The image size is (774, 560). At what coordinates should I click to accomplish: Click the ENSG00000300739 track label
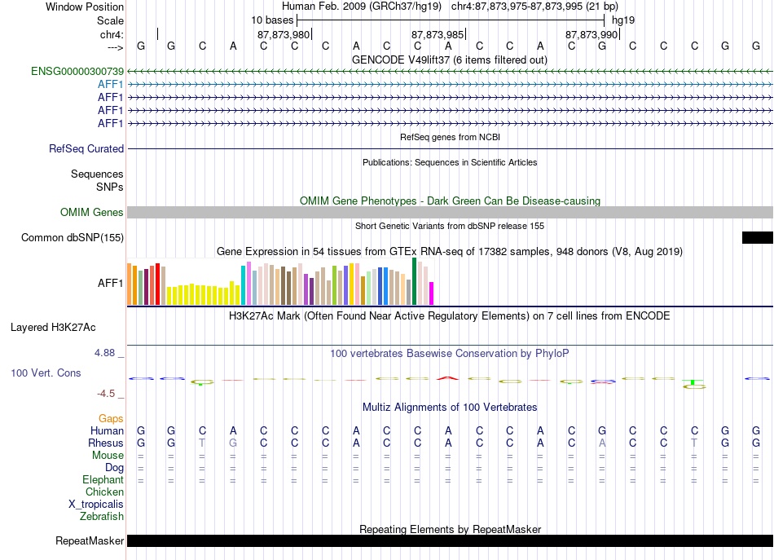click(77, 72)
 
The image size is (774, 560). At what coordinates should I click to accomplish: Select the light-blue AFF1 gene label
click(111, 85)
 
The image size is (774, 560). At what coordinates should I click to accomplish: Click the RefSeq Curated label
click(86, 148)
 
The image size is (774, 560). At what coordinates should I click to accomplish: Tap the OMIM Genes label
click(92, 213)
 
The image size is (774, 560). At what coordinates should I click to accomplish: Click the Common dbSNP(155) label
click(73, 237)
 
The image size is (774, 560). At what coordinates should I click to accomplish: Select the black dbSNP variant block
click(757, 237)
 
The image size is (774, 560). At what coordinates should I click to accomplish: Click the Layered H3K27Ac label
click(53, 328)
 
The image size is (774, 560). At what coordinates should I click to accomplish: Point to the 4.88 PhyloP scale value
click(104, 353)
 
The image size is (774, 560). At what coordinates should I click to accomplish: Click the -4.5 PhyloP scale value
click(106, 394)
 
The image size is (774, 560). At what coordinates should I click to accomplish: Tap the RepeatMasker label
click(90, 540)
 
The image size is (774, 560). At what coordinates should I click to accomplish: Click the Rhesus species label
click(106, 443)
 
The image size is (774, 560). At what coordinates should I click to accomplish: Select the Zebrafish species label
click(102, 517)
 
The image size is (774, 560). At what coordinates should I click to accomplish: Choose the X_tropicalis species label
click(96, 505)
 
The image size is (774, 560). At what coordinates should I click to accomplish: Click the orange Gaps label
click(111, 419)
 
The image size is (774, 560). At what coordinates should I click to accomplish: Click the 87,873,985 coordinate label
click(438, 34)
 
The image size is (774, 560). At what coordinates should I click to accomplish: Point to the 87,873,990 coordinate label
click(591, 34)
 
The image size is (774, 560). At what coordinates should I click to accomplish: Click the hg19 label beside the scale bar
click(623, 20)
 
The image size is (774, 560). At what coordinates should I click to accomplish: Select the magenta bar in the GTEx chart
click(432, 293)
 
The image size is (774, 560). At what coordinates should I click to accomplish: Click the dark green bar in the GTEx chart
click(414, 281)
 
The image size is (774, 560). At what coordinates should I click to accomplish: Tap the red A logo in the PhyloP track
click(448, 378)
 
